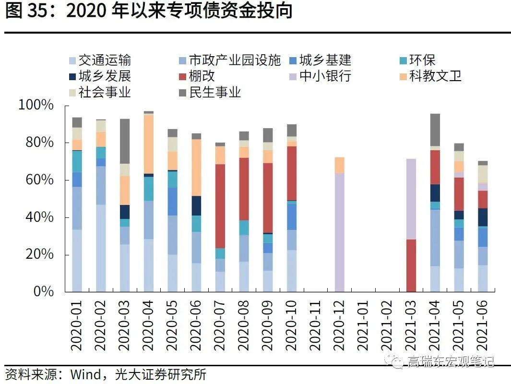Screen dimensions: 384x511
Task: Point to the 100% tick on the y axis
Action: click(x=36, y=105)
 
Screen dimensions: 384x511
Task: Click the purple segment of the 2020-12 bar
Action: click(x=340, y=232)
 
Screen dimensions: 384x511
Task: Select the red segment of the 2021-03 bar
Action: click(x=411, y=265)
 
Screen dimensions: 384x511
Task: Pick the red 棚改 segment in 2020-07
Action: click(x=220, y=206)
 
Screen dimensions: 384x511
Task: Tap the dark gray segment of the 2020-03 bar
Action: click(x=125, y=141)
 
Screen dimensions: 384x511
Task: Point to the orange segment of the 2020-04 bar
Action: click(x=149, y=144)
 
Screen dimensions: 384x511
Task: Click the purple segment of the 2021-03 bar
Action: click(x=411, y=199)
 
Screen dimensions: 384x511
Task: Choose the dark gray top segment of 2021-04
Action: click(x=435, y=130)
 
